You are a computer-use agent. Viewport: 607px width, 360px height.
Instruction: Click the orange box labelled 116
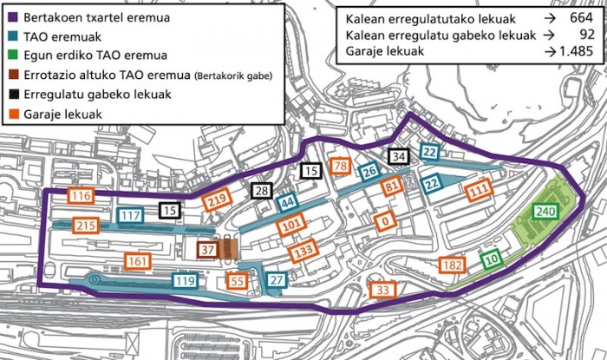82,197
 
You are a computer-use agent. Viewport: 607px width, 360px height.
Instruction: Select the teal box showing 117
130,215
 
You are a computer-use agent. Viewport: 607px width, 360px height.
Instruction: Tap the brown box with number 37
207,250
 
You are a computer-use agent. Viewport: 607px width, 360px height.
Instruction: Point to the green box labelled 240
545,212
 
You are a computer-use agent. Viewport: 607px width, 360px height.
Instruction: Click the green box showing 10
491,259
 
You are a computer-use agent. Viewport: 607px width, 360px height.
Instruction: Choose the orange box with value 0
382,220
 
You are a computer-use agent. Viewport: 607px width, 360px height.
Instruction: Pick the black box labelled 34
398,157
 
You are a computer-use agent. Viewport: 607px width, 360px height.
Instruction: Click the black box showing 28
260,191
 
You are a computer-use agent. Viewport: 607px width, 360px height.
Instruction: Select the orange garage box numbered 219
218,201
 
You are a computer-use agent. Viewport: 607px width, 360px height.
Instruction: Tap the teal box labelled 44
287,204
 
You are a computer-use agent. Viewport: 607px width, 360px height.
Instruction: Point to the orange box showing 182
452,265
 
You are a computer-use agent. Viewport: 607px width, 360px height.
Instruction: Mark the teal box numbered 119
185,280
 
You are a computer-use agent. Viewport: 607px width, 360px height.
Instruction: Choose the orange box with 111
479,192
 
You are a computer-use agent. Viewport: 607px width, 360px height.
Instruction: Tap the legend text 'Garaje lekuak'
62,114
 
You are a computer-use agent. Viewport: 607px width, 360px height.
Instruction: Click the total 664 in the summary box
577,18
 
